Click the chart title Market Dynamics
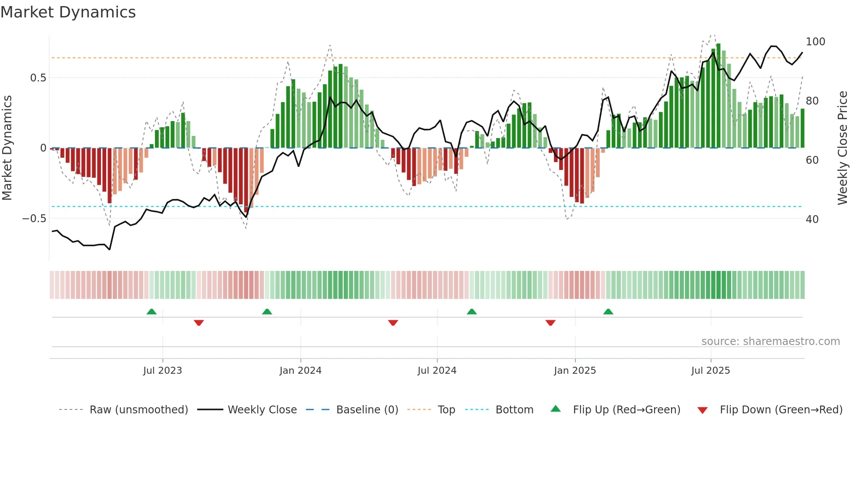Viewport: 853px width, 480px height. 68,12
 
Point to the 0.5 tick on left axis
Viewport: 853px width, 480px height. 38,78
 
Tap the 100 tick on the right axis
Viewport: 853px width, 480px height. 815,42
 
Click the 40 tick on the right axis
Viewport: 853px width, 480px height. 812,220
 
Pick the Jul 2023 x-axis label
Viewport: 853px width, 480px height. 162,371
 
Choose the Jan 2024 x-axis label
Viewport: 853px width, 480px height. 300,371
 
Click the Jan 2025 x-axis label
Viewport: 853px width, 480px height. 574,371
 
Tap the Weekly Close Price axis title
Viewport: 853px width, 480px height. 843,148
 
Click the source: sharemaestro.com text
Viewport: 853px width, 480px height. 770,341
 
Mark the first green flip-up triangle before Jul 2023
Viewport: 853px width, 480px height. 151,311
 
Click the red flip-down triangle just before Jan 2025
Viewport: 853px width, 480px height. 550,323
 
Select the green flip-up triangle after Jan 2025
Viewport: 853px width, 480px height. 608,311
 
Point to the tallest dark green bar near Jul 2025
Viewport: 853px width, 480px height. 718,96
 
